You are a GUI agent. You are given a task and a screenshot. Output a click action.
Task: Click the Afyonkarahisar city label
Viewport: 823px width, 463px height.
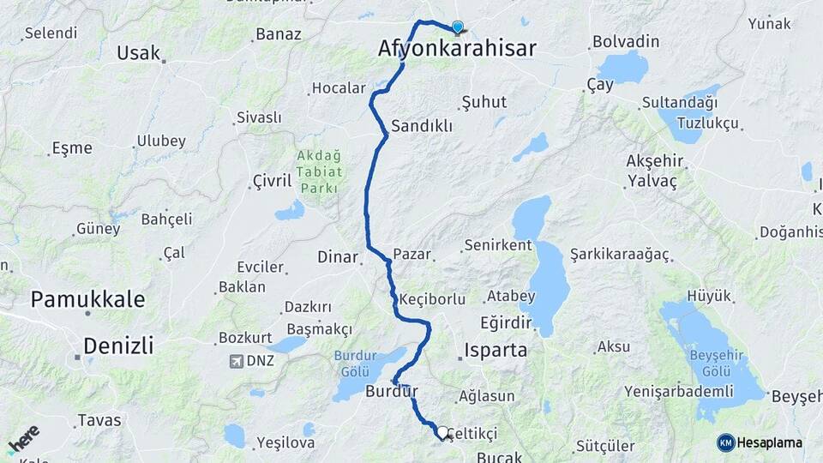(457, 50)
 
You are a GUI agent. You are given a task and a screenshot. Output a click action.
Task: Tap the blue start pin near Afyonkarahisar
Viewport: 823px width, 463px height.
(458, 27)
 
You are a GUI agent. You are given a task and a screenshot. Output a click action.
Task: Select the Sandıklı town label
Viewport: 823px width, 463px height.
(421, 126)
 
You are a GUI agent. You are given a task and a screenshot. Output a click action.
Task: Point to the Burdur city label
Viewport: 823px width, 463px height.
(391, 392)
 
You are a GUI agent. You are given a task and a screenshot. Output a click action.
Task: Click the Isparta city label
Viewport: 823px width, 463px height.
(496, 350)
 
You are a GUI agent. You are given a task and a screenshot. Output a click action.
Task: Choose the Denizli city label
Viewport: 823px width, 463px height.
(118, 346)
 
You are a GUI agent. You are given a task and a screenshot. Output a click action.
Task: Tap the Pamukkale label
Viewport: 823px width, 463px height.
(87, 299)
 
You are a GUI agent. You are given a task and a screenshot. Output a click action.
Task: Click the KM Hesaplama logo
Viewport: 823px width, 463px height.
(760, 442)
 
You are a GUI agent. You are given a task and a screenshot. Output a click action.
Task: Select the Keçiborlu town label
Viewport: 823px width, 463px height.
(432, 299)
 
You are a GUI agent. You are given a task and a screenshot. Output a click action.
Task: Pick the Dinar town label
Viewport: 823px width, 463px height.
(338, 256)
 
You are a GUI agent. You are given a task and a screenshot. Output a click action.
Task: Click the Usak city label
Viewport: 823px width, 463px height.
(138, 53)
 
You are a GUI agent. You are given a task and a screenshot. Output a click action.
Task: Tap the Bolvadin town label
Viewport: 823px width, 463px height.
(626, 41)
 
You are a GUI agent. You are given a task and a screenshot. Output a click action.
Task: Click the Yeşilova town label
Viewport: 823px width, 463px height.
(285, 443)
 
